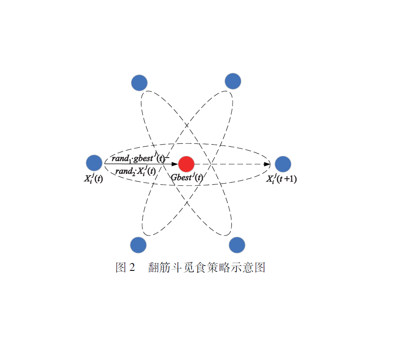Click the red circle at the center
click(x=186, y=164)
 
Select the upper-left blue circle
click(x=139, y=83)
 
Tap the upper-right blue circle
click(x=233, y=81)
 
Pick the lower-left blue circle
click(x=138, y=245)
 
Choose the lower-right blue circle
click(x=237, y=245)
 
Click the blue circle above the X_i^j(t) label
click(x=94, y=163)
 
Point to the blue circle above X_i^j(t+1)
click(x=283, y=164)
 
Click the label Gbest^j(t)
click(x=187, y=177)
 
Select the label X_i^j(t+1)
click(x=281, y=179)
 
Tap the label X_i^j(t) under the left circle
click(x=94, y=178)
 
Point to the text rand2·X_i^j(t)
click(x=136, y=171)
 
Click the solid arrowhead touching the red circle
click(x=175, y=164)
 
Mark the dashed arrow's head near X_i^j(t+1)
click(x=267, y=164)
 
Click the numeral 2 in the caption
click(x=132, y=267)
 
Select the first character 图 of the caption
click(x=121, y=267)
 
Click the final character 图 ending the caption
click(x=260, y=267)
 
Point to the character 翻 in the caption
click(x=154, y=267)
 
